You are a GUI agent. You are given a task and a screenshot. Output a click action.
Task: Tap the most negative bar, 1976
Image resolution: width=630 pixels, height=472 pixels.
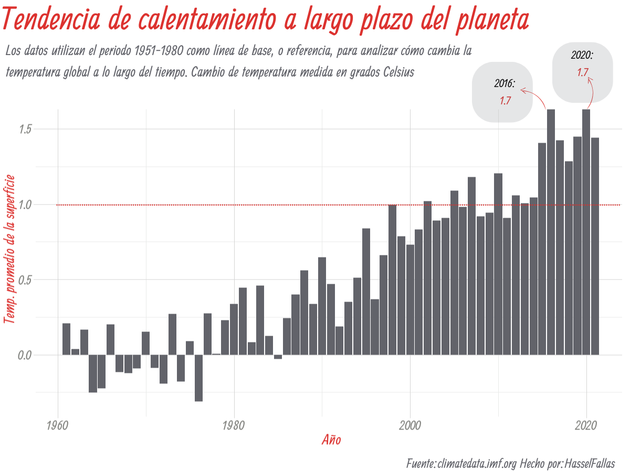(x=198, y=378)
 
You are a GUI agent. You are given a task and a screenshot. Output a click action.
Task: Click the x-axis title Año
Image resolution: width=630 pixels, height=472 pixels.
(x=331, y=440)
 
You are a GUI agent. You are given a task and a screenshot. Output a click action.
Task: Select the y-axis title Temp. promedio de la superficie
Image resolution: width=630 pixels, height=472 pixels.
(x=9, y=249)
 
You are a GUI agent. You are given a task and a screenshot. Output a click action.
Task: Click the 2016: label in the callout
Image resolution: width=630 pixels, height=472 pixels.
(x=505, y=84)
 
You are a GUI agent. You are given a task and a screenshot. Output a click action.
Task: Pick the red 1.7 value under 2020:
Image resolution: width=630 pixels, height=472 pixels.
(x=582, y=73)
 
